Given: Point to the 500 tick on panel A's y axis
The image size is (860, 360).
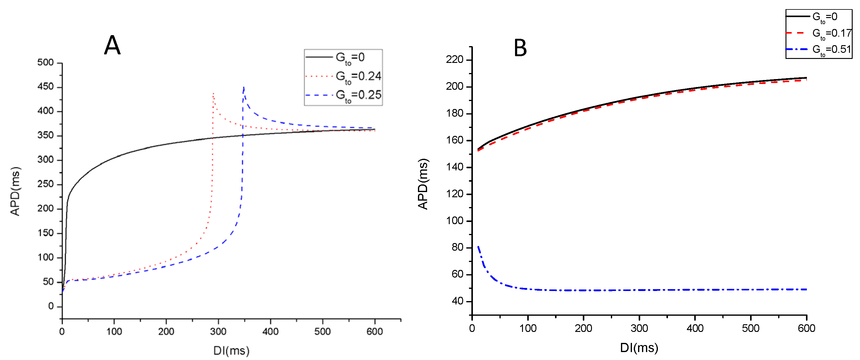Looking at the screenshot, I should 45,63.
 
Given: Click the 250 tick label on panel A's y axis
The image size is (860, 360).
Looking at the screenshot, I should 45,184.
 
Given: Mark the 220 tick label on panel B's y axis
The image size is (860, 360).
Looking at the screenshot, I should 454,60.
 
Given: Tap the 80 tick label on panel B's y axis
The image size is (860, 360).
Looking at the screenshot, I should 457,247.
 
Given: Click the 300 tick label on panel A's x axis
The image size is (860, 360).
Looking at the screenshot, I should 218,332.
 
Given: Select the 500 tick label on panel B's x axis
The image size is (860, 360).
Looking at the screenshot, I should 750,329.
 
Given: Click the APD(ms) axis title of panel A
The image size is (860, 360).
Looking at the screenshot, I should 15,191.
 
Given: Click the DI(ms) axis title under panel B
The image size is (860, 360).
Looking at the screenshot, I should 639,348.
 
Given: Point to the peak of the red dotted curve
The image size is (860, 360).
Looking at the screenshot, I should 213,93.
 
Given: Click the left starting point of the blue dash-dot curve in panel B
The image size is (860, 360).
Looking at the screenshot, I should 478,247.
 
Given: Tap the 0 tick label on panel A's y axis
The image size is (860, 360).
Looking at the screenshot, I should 51,306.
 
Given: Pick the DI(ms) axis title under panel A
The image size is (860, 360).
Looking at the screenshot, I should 231,351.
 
